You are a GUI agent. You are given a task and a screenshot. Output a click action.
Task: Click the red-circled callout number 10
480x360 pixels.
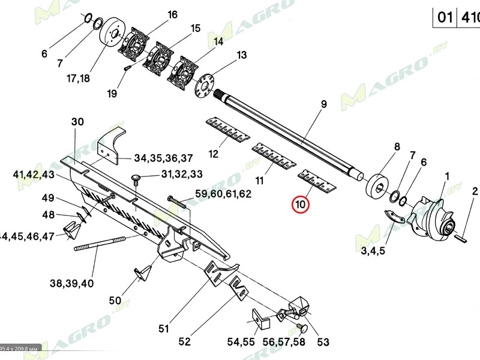click(300, 205)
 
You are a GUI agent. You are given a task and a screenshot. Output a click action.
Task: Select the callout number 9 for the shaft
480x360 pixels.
click(323, 104)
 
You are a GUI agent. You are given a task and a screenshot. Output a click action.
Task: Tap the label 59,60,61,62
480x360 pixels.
click(224, 194)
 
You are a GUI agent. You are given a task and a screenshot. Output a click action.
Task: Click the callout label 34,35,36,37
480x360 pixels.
click(163, 158)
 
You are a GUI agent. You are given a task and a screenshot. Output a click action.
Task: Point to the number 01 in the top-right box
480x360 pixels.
click(445, 17)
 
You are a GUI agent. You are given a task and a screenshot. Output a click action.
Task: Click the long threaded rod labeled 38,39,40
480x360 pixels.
click(99, 246)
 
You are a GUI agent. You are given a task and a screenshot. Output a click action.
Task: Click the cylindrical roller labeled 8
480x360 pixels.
click(379, 184)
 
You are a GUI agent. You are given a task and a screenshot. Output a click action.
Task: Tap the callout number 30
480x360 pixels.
click(78, 121)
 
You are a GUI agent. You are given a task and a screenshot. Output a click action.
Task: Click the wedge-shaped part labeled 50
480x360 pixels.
click(142, 273)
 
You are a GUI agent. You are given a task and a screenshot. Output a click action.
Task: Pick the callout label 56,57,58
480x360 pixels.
click(283, 342)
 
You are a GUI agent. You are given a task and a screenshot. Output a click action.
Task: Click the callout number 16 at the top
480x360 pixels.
click(172, 14)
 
